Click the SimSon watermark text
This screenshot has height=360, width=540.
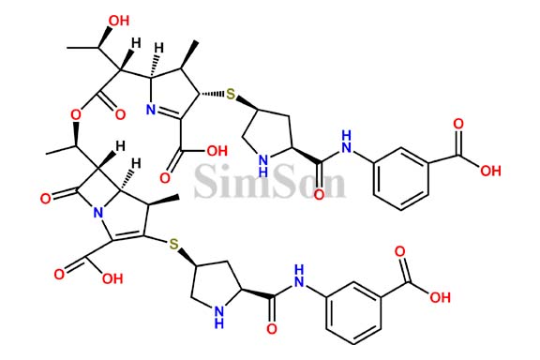pos(270,179)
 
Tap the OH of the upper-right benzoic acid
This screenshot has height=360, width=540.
pos(491,171)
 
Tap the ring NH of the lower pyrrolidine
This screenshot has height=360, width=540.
pos(219,321)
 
